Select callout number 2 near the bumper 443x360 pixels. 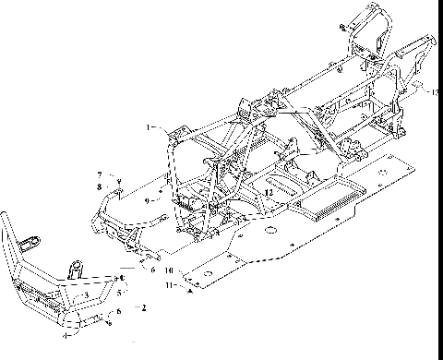pos(142,304)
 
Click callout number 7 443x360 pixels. pos(99,174)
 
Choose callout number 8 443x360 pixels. pos(99,186)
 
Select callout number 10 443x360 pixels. pos(169,271)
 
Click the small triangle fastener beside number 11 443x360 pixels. pos(188,289)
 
